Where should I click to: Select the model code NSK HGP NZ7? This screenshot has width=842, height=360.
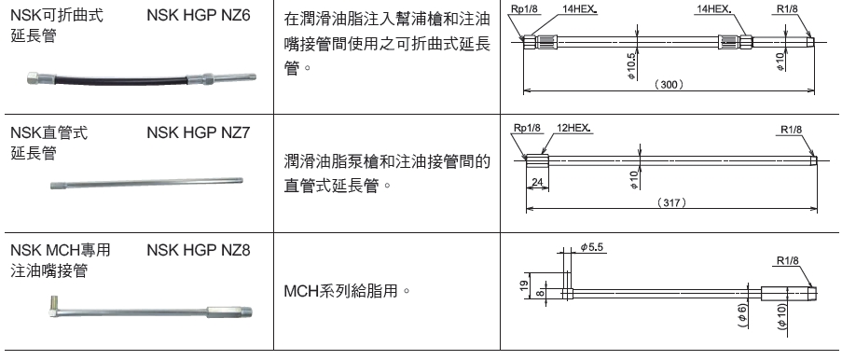[x=199, y=133]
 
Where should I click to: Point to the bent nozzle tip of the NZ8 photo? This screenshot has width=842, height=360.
[x=54, y=301]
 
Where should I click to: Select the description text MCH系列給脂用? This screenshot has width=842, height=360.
[x=346, y=293]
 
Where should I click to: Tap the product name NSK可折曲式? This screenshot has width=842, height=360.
[x=55, y=18]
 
